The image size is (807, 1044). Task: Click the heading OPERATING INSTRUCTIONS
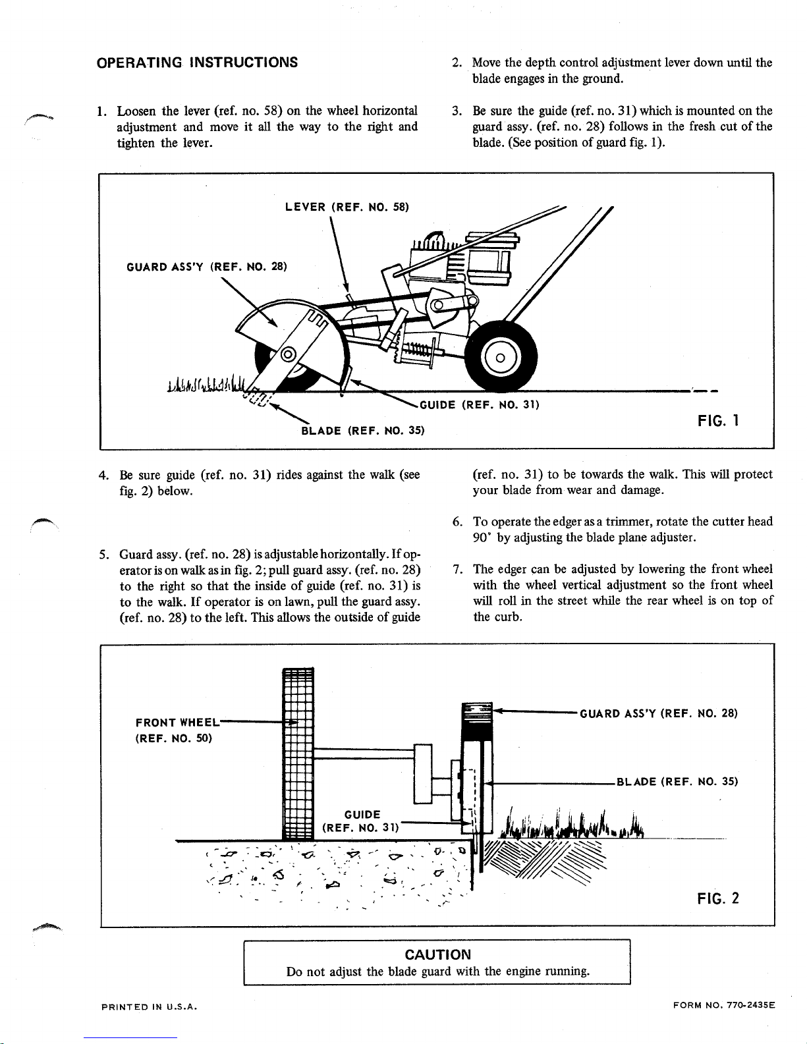point(197,63)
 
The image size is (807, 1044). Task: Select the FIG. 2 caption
point(718,898)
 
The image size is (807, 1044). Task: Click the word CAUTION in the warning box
point(437,954)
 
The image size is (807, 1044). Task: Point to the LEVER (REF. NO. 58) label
point(347,207)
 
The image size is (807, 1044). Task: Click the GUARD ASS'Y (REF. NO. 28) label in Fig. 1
point(206,267)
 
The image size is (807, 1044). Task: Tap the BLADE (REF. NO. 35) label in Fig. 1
point(362,431)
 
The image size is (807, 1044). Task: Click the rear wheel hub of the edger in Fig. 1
point(500,358)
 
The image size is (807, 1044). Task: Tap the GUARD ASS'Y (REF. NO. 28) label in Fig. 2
point(657,713)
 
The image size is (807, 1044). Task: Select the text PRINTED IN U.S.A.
point(150,1006)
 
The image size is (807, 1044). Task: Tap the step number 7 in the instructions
point(459,569)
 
